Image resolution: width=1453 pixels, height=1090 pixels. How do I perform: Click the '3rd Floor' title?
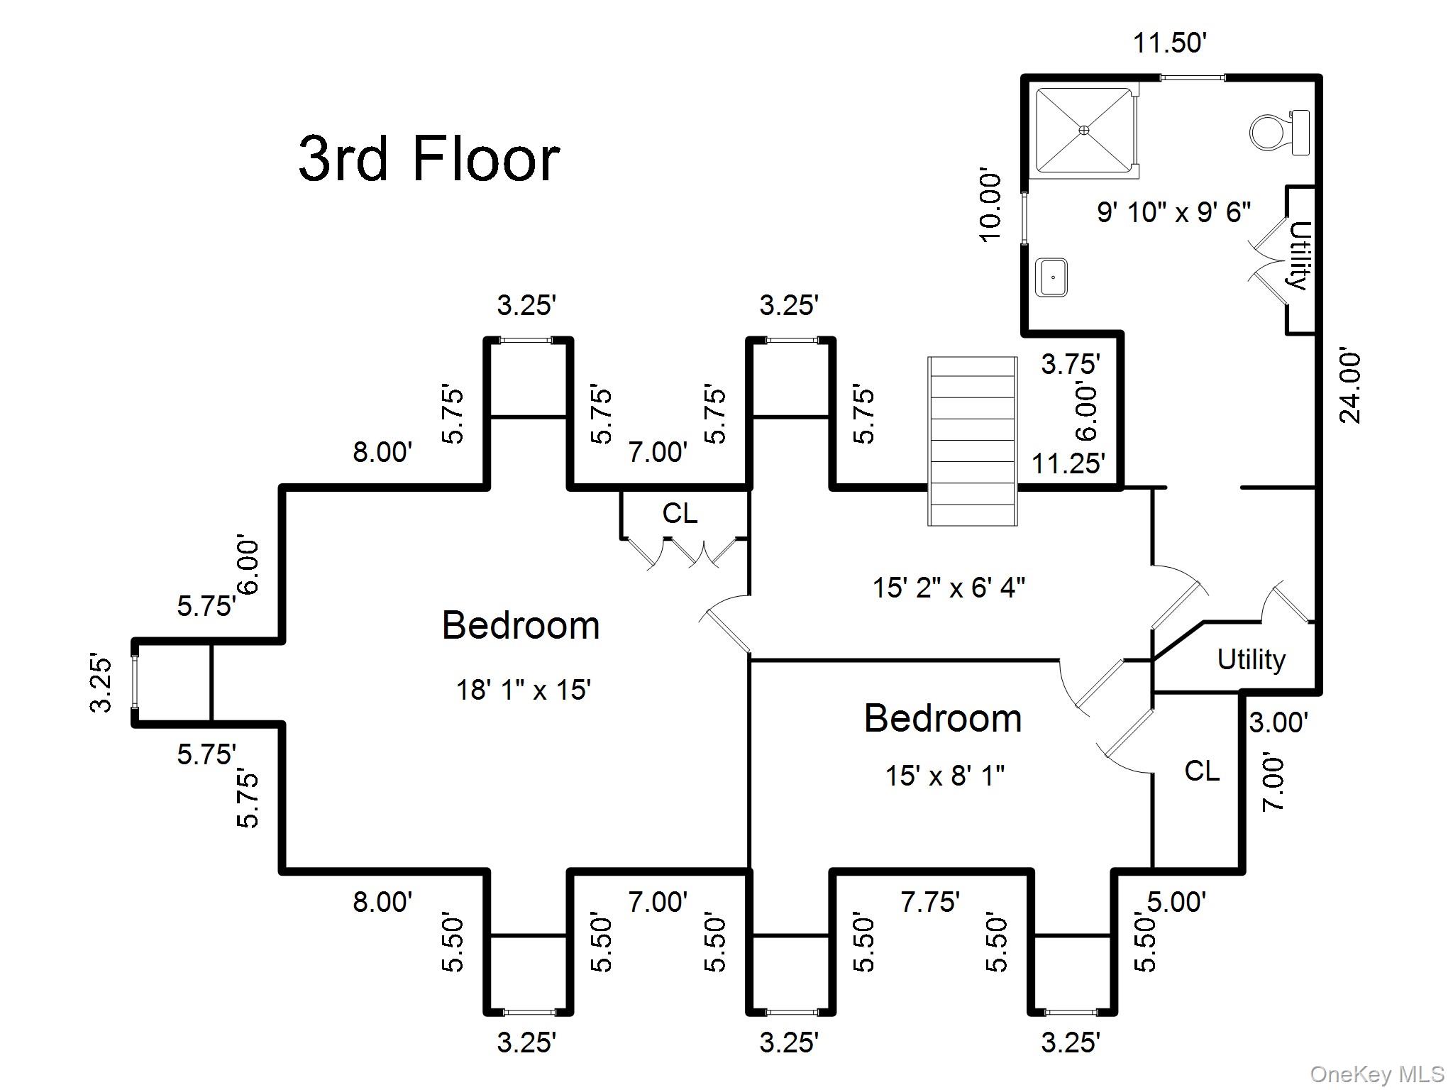coord(429,159)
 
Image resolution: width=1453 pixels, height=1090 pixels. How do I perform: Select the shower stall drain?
coord(1083,130)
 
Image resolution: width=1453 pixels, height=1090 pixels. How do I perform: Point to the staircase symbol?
coord(973,441)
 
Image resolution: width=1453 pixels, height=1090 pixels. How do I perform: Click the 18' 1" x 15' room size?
coord(524,689)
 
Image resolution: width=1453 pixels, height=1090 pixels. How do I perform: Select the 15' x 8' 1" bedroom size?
coord(944,776)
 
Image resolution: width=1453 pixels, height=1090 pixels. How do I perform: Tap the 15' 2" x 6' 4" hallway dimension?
coord(949,588)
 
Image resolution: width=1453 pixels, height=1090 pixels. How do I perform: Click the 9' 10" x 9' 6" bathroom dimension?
coord(1173,212)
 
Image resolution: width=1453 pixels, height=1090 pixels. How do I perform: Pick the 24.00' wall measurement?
coord(1350,385)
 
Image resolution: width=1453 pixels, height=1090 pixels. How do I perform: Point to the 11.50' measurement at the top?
coord(1170,43)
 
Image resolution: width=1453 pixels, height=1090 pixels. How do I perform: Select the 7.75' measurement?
coord(930,902)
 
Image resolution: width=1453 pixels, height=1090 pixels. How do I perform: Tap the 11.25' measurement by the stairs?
coord(1068,463)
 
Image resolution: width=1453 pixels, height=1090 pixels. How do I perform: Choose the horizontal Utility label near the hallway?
coord(1251,660)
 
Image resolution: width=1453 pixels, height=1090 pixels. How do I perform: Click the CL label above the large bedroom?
coord(680,513)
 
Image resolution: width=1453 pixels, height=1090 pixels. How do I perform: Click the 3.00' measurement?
coord(1278,722)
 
